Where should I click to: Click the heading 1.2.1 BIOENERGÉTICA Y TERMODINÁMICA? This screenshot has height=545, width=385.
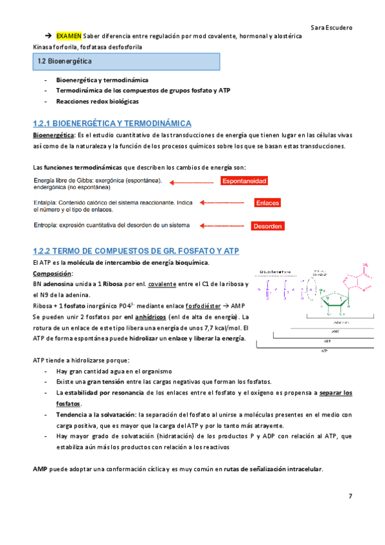112,123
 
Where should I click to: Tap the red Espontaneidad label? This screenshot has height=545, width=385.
244,181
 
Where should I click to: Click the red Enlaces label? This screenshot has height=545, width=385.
267,203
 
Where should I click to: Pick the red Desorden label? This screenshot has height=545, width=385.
267,226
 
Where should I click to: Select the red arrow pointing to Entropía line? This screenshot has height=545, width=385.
222,226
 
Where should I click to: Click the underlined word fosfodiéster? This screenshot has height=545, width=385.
206,306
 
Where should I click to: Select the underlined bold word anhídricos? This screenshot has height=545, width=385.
170,317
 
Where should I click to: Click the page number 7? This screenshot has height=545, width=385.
350,496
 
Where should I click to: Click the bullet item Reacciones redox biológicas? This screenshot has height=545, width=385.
97,102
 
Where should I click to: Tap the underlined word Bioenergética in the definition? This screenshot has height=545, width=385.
53,135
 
